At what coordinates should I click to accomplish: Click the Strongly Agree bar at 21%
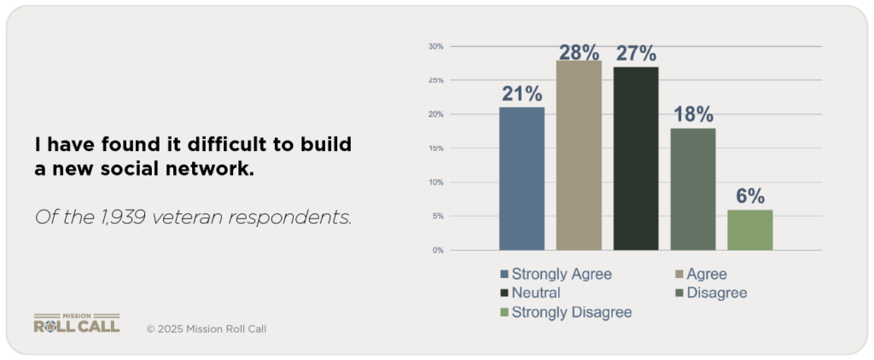(x=521, y=178)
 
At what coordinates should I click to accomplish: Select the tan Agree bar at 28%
(x=579, y=155)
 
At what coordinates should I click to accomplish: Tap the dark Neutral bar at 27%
(x=635, y=158)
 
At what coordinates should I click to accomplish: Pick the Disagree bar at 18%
(x=692, y=189)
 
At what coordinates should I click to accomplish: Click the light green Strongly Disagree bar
(x=749, y=229)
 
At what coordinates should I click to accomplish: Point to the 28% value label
(x=579, y=52)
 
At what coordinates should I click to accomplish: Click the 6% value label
(x=749, y=196)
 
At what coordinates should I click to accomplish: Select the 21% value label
(x=521, y=93)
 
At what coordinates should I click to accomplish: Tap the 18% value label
(x=692, y=114)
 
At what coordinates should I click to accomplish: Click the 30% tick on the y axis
(x=435, y=46)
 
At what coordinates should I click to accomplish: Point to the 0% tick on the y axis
(x=437, y=250)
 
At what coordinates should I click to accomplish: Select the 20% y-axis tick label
(x=435, y=114)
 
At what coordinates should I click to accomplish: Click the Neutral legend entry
(x=535, y=293)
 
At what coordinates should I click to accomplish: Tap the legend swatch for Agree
(x=679, y=274)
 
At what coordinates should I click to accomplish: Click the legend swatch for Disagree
(x=679, y=293)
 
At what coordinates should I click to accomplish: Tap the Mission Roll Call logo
(x=76, y=322)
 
